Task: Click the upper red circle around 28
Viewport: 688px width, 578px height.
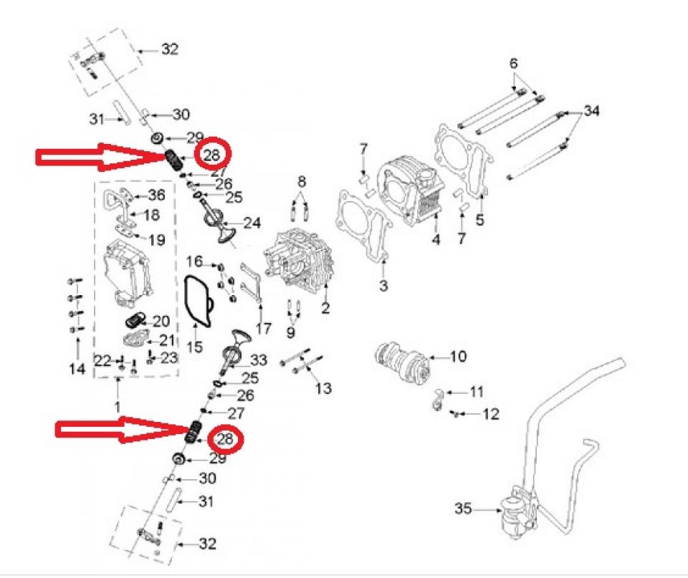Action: pos(211,155)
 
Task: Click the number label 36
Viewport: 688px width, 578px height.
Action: pos(156,195)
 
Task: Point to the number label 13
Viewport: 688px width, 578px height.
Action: pos(324,388)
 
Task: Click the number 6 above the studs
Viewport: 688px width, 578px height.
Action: pos(513,64)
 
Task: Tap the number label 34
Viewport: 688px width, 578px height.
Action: pos(591,111)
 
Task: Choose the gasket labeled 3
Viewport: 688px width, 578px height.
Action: pos(365,226)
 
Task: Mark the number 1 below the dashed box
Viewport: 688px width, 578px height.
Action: pos(118,407)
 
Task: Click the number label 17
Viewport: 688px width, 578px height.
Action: pos(263,329)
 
